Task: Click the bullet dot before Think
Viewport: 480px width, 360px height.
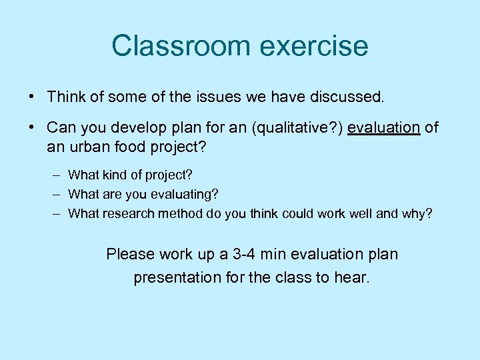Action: (x=33, y=97)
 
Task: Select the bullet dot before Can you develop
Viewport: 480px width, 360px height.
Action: (x=33, y=127)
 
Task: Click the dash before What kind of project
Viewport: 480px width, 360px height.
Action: (x=56, y=175)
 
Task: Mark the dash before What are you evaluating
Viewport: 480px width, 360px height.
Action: (x=56, y=195)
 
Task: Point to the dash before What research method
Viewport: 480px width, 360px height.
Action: (x=56, y=214)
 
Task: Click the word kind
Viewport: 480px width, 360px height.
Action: (x=114, y=175)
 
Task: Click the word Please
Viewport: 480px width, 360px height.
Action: (x=131, y=254)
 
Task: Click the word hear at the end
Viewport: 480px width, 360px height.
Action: (x=352, y=277)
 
